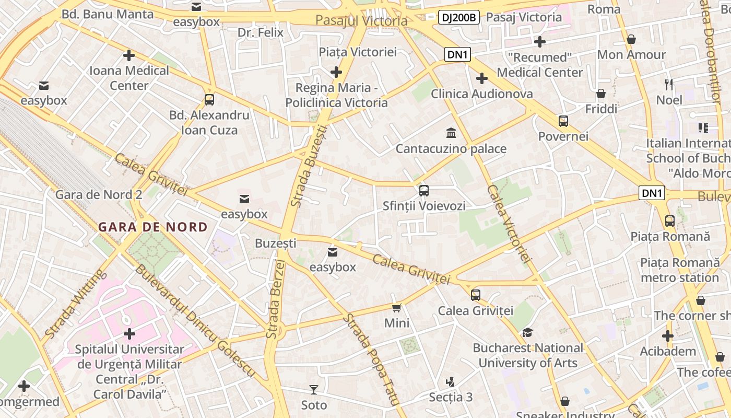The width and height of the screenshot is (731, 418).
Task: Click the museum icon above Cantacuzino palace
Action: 451,134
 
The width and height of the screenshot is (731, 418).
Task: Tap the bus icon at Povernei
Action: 563,121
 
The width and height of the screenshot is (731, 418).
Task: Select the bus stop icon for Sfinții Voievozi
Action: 423,191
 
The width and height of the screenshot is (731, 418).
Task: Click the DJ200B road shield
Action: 458,17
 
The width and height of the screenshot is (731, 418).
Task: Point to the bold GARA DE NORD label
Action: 153,227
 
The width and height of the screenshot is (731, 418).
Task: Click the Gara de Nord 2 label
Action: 99,195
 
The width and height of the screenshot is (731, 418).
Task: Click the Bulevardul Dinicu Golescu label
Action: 195,320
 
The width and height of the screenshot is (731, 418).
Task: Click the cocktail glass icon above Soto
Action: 313,389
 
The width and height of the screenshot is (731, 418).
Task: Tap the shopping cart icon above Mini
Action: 397,308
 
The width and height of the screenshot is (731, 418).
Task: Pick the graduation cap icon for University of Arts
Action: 527,333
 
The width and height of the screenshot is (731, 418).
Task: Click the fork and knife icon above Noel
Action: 669,84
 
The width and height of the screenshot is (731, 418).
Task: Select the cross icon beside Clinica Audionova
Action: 481,78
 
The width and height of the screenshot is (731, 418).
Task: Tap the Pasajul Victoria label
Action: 361,21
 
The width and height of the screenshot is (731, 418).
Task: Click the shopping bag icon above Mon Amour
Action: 631,39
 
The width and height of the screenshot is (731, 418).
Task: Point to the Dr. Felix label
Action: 261,32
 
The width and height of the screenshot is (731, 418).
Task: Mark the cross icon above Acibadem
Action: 668,336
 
